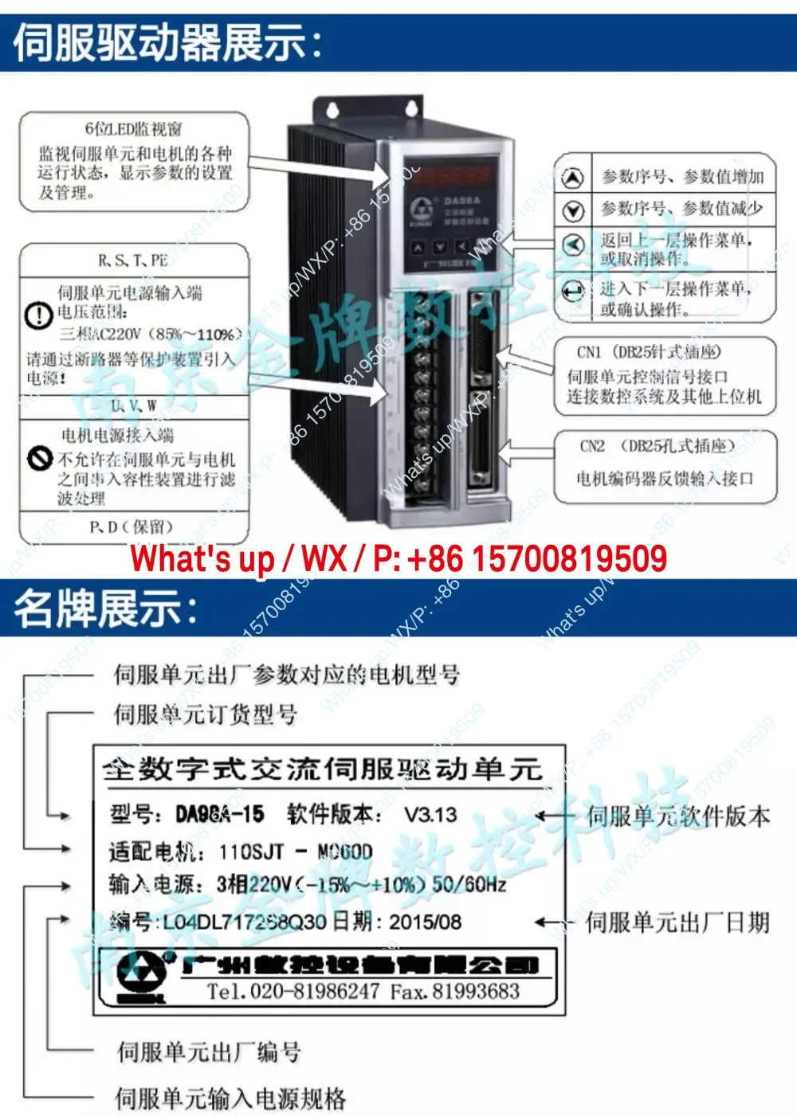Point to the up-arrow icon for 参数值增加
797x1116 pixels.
click(x=573, y=178)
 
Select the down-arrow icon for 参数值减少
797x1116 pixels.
click(x=573, y=210)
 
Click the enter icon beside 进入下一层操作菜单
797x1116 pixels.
click(x=573, y=292)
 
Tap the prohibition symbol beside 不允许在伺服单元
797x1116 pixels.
click(x=39, y=457)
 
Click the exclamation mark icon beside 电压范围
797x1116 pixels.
click(x=39, y=315)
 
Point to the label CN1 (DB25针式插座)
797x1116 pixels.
click(x=649, y=352)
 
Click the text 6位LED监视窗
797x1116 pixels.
click(x=134, y=129)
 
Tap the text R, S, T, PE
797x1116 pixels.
click(x=132, y=260)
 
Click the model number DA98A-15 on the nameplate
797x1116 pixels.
click(x=220, y=814)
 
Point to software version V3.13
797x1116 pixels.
click(x=430, y=815)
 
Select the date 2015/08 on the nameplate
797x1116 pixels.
click(x=426, y=922)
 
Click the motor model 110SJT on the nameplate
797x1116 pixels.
click(x=251, y=852)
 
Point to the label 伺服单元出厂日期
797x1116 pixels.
click(x=677, y=923)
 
